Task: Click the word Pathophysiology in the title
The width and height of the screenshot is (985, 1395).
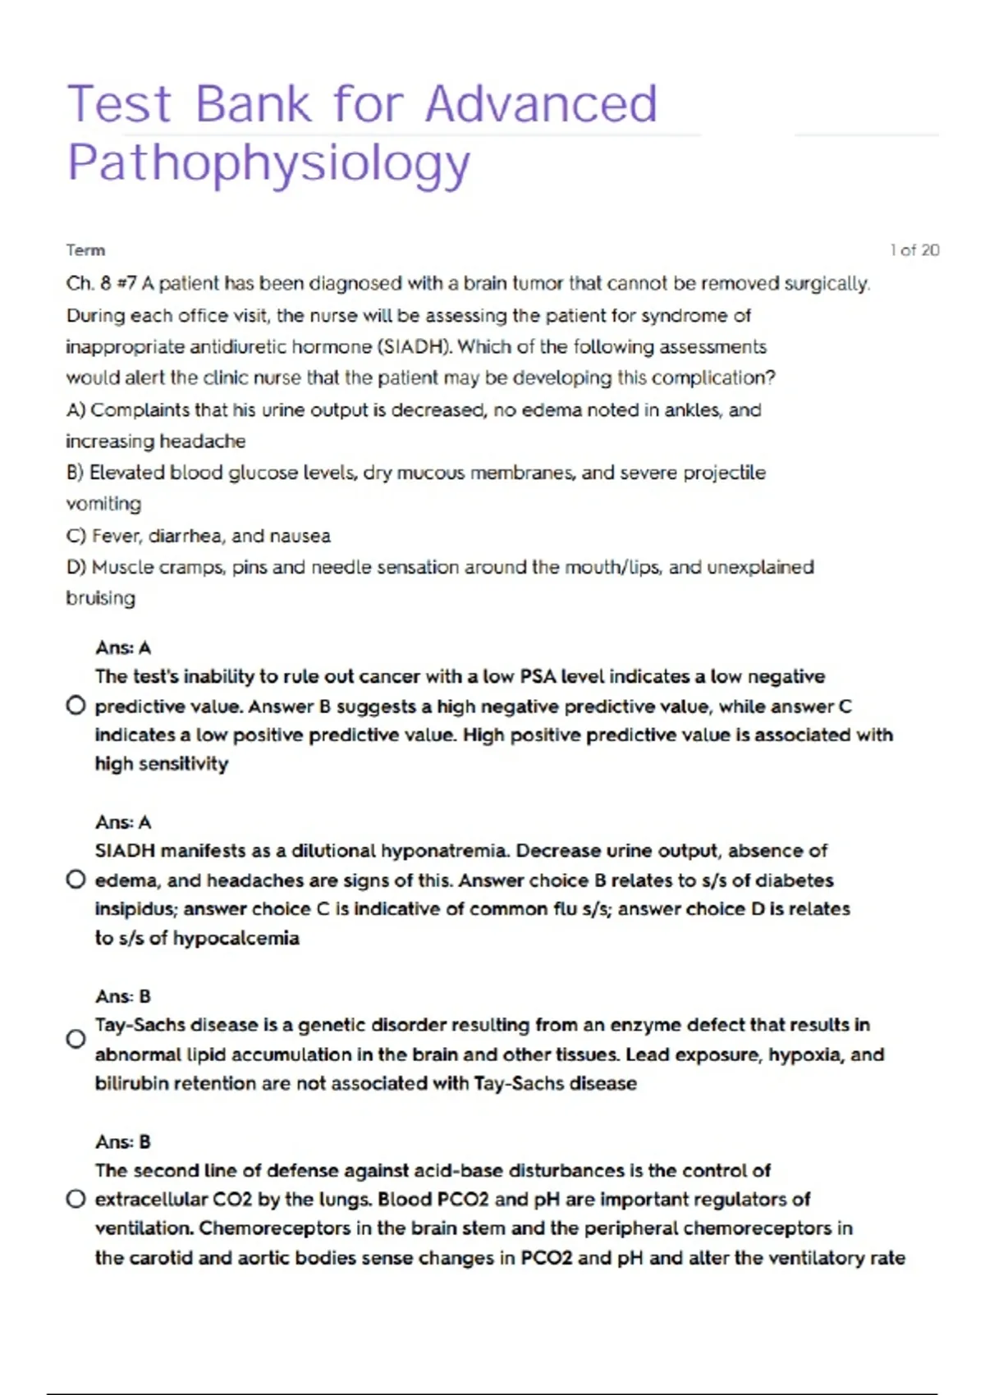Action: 268,163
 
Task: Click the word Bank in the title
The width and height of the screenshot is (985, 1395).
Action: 254,104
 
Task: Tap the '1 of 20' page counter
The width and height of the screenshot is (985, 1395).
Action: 914,250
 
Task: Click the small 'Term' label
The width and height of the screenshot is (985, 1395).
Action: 85,250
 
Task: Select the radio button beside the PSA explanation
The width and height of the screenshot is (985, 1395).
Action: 76,706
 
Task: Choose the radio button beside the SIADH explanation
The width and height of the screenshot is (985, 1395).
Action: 76,880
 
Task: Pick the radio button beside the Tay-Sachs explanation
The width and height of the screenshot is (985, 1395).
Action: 76,1039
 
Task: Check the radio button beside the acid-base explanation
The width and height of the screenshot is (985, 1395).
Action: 76,1199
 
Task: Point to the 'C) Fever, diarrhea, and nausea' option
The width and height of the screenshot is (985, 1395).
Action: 198,536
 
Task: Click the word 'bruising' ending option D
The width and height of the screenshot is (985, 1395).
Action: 100,598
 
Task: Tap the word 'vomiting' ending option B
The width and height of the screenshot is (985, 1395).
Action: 103,504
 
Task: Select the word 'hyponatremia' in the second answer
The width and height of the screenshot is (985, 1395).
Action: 445,851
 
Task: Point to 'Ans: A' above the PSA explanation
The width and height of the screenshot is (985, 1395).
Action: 123,648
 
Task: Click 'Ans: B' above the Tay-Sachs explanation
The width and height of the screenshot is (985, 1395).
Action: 123,996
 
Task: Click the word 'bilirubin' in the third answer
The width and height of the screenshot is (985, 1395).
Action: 132,1083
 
